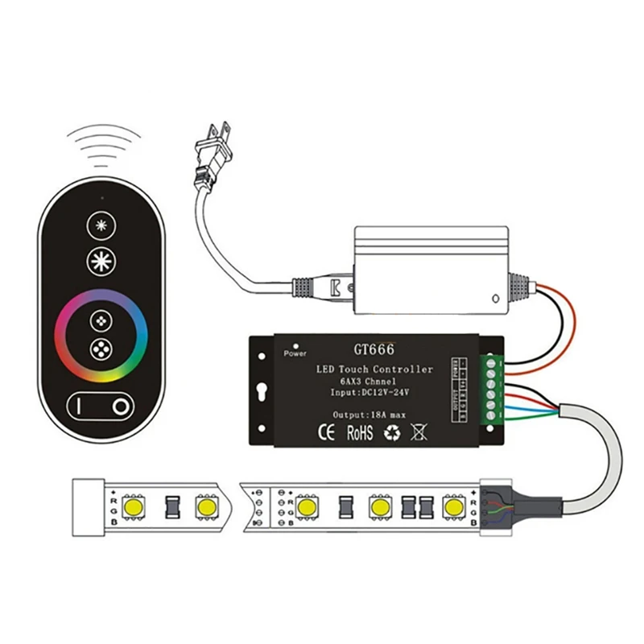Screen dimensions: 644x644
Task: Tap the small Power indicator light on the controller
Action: pyautogui.click(x=295, y=344)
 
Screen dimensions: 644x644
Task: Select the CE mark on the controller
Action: pyautogui.click(x=328, y=432)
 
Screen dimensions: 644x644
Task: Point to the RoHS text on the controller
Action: pyautogui.click(x=359, y=432)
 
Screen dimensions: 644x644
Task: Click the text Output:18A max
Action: pyautogui.click(x=370, y=414)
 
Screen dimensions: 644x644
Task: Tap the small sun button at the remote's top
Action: pyautogui.click(x=101, y=225)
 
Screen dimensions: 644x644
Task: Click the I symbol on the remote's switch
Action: pyautogui.click(x=80, y=407)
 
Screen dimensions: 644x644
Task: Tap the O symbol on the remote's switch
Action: pyautogui.click(x=121, y=407)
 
